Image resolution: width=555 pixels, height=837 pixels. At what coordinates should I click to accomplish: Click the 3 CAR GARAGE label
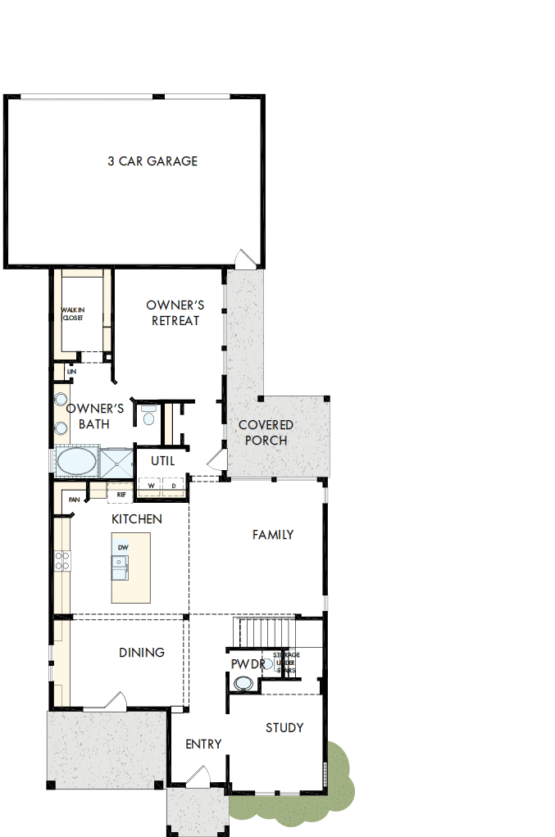(x=152, y=161)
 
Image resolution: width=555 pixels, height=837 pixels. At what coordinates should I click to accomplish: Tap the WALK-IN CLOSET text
(x=72, y=314)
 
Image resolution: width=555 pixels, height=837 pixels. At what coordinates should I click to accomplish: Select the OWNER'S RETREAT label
(x=175, y=313)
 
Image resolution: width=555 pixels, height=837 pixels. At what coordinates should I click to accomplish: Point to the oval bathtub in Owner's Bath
(x=75, y=461)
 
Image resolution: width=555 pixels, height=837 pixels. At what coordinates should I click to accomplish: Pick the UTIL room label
(x=162, y=460)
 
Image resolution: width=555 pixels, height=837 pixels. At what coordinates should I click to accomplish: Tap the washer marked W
(x=151, y=486)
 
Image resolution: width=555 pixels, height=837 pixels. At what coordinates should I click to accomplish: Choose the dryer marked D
(x=174, y=486)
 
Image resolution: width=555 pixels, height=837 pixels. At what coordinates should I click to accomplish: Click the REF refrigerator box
(x=121, y=494)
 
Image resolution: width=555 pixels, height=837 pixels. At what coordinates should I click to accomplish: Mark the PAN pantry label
(x=74, y=499)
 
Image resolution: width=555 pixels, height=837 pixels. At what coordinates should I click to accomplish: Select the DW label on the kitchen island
(x=123, y=546)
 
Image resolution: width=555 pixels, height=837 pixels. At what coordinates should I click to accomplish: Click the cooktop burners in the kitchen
(x=61, y=561)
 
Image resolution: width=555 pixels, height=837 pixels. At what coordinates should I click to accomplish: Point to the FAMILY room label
(x=273, y=535)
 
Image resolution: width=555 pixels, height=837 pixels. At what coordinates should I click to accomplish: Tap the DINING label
(x=142, y=653)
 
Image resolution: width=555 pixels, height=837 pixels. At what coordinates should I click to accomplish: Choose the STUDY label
(x=284, y=727)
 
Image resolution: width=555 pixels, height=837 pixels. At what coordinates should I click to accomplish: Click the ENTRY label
(x=203, y=744)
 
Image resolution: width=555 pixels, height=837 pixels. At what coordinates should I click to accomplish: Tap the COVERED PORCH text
(x=266, y=432)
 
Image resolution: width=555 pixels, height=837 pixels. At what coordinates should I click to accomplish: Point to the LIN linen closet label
(x=71, y=371)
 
